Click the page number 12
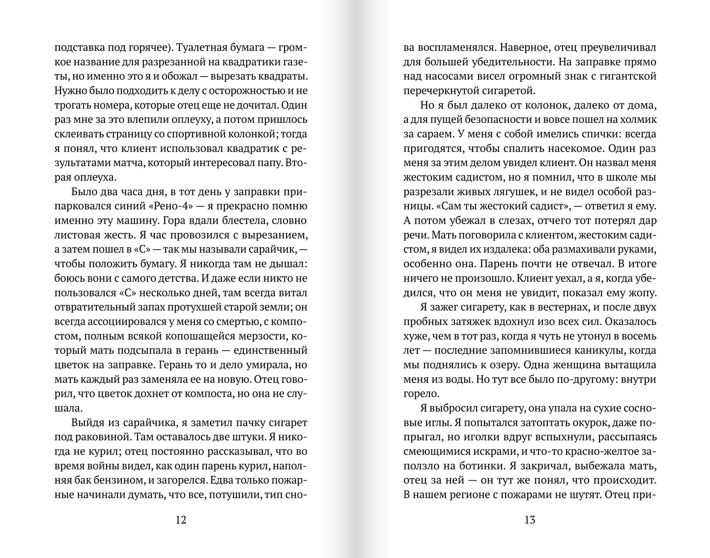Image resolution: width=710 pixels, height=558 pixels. (181, 520)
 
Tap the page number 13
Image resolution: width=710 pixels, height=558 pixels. (529, 520)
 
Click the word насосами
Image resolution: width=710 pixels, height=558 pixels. (450, 77)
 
